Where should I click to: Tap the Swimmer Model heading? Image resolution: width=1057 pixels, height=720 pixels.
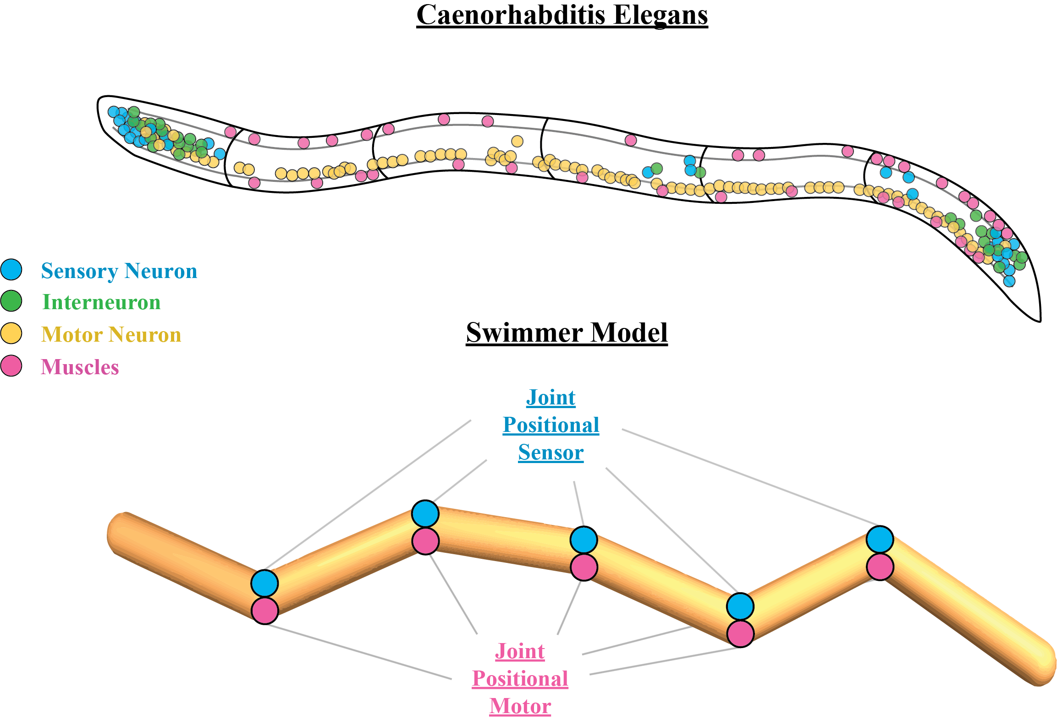tap(567, 333)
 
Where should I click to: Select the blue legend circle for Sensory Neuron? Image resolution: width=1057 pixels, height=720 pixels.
tap(11, 270)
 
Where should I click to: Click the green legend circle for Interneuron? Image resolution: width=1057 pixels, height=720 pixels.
tap(11, 301)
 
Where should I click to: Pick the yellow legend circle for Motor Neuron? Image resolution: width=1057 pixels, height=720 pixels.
tap(11, 333)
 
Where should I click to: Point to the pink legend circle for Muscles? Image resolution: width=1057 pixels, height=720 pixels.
tap(11, 366)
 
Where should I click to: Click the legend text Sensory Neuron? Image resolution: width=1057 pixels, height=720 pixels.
tap(119, 271)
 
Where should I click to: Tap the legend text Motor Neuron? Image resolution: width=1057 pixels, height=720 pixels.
tap(111, 335)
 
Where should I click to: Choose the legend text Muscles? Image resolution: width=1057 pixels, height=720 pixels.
tap(80, 367)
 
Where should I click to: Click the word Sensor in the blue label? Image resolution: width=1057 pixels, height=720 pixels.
tap(551, 453)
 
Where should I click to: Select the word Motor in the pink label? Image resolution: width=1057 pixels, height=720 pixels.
tap(520, 706)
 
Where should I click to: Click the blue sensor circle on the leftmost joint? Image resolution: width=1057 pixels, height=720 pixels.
tap(264, 584)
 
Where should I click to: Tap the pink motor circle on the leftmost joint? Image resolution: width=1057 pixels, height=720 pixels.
tap(264, 611)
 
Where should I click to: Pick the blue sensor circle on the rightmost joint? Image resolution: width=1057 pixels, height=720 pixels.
tap(880, 540)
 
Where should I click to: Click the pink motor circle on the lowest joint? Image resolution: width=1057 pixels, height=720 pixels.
tap(740, 634)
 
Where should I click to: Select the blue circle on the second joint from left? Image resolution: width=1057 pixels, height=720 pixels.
tap(425, 514)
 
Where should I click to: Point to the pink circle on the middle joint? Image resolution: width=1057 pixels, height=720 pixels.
tap(584, 567)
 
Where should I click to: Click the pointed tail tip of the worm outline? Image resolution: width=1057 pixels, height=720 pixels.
tap(1040, 320)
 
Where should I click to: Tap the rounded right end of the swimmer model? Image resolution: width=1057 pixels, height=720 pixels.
tap(1047, 664)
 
